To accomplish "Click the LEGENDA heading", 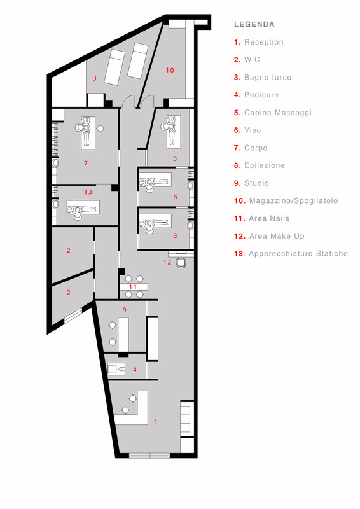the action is [x=254, y=24].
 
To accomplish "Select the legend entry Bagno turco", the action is [x=268, y=77].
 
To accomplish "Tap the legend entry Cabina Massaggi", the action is [x=278, y=113].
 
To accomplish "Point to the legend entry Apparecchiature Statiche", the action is [x=298, y=253].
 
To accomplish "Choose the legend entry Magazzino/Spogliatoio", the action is [x=293, y=200].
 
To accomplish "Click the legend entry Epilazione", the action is [x=265, y=165].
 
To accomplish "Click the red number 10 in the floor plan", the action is [x=170, y=70].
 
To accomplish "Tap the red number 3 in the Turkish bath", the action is [x=95, y=78].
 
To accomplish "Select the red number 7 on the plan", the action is [x=86, y=164].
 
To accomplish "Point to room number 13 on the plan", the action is [x=88, y=192].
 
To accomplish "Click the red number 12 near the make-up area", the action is [x=167, y=262].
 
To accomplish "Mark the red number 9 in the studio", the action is [x=124, y=310].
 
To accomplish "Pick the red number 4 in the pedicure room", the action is [x=135, y=370].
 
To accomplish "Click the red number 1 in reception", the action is [x=156, y=422].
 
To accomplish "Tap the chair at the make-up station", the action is [x=181, y=263].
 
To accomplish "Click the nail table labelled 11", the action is [x=134, y=287].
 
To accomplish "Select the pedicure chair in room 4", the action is [x=116, y=369].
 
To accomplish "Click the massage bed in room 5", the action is [x=174, y=132].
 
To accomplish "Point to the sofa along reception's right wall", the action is [x=187, y=419].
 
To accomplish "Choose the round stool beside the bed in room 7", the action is [x=100, y=129].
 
